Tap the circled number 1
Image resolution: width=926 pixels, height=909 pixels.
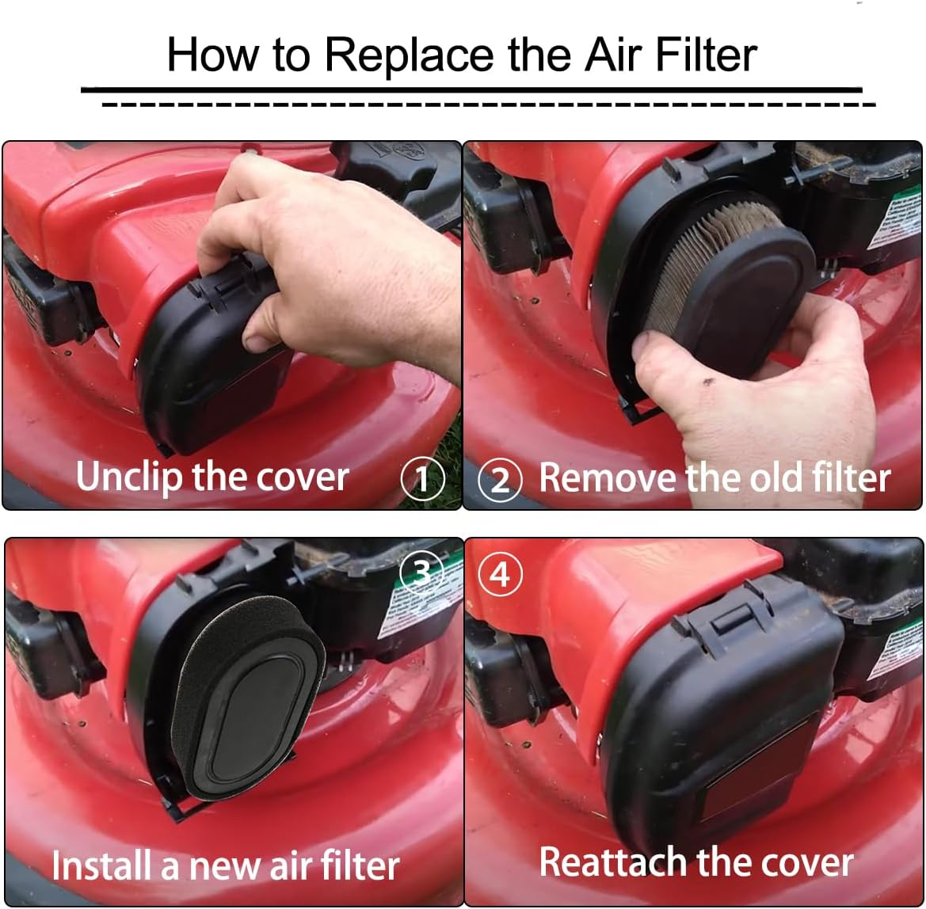[x=421, y=478]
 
